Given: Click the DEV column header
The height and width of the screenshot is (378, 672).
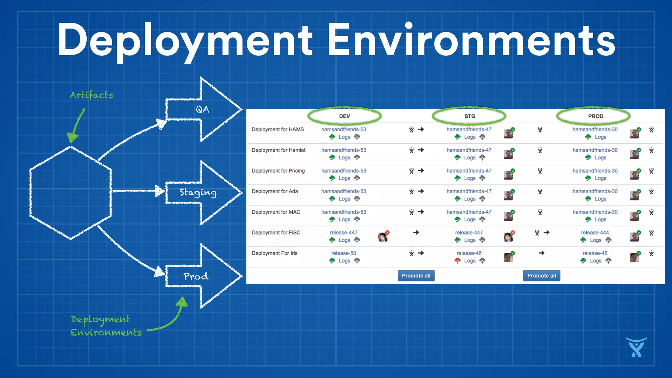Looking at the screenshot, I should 344,116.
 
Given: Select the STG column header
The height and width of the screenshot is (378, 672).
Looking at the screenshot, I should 470,116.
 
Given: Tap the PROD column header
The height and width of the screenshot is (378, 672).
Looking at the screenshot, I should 595,116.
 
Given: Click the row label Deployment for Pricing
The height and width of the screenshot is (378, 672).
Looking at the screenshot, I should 278,171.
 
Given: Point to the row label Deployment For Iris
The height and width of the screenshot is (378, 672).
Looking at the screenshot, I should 274,253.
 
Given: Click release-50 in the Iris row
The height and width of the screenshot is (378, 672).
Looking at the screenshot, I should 344,253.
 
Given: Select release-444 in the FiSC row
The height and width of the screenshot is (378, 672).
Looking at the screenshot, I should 595,233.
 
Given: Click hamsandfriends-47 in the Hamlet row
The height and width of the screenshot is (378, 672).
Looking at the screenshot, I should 469,150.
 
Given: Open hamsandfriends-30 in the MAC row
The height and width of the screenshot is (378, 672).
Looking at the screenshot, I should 595,212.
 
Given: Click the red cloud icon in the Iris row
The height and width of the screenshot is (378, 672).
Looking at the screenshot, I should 457,261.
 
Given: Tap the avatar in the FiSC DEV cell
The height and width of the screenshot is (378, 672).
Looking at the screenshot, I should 383,237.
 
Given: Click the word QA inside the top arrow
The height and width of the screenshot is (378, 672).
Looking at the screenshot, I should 202,110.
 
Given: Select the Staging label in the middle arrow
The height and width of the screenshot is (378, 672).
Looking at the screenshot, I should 198,193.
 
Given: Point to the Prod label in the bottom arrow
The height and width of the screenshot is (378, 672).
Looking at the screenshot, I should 196,277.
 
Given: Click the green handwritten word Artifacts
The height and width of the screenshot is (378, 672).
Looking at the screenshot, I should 91,95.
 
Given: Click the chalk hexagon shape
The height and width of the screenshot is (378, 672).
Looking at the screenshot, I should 71,193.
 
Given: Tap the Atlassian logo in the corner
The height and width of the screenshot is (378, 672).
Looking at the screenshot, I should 636,348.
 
